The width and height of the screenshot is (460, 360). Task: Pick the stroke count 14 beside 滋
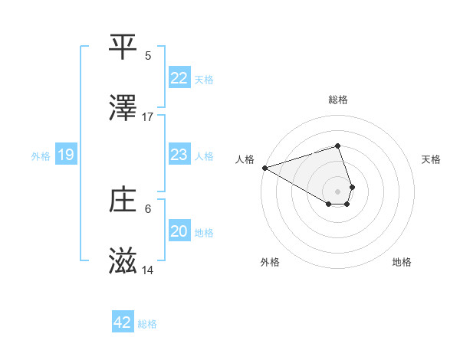point(148,270)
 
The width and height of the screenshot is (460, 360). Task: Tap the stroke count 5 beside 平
point(148,55)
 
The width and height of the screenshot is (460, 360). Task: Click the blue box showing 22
point(179,78)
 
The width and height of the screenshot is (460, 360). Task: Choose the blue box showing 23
point(179,155)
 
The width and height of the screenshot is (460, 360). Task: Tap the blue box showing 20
point(179,231)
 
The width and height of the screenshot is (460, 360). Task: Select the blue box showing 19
point(66,155)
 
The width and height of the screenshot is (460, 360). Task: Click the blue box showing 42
point(123,322)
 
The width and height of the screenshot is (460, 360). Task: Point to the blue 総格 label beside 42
point(147,324)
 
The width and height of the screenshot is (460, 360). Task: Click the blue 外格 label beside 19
point(41,156)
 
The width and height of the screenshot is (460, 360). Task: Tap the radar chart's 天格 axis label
point(432,159)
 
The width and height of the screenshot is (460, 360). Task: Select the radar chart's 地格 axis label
point(402,262)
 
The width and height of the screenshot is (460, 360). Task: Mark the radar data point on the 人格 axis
point(264,168)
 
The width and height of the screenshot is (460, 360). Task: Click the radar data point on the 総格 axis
point(337,146)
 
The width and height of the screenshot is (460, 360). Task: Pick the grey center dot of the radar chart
point(337,191)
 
